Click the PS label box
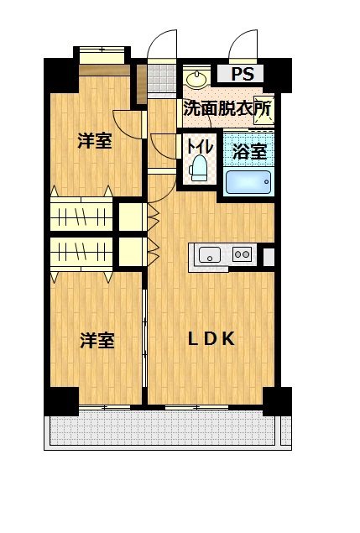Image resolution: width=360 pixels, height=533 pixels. coord(241,74)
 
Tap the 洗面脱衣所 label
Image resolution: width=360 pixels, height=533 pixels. coord(227,108)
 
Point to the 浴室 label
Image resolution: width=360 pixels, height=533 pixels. coord(249,152)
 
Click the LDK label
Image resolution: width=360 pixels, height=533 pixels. coord(211,338)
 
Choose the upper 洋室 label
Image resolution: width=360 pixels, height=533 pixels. coord(95,140)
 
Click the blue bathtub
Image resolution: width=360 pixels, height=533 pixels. coord(248,182)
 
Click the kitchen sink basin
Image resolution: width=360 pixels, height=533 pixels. coord(208,254)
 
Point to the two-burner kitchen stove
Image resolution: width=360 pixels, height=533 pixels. coord(242,254)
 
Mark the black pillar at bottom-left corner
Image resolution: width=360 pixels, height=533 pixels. coord(61,401)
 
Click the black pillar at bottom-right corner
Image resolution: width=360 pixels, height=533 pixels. coord(277,400)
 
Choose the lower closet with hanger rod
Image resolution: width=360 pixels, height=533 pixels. coord(81,253)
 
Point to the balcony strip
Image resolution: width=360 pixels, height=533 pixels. coord(164,431)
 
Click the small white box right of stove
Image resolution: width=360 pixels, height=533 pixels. coord(269,255)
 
